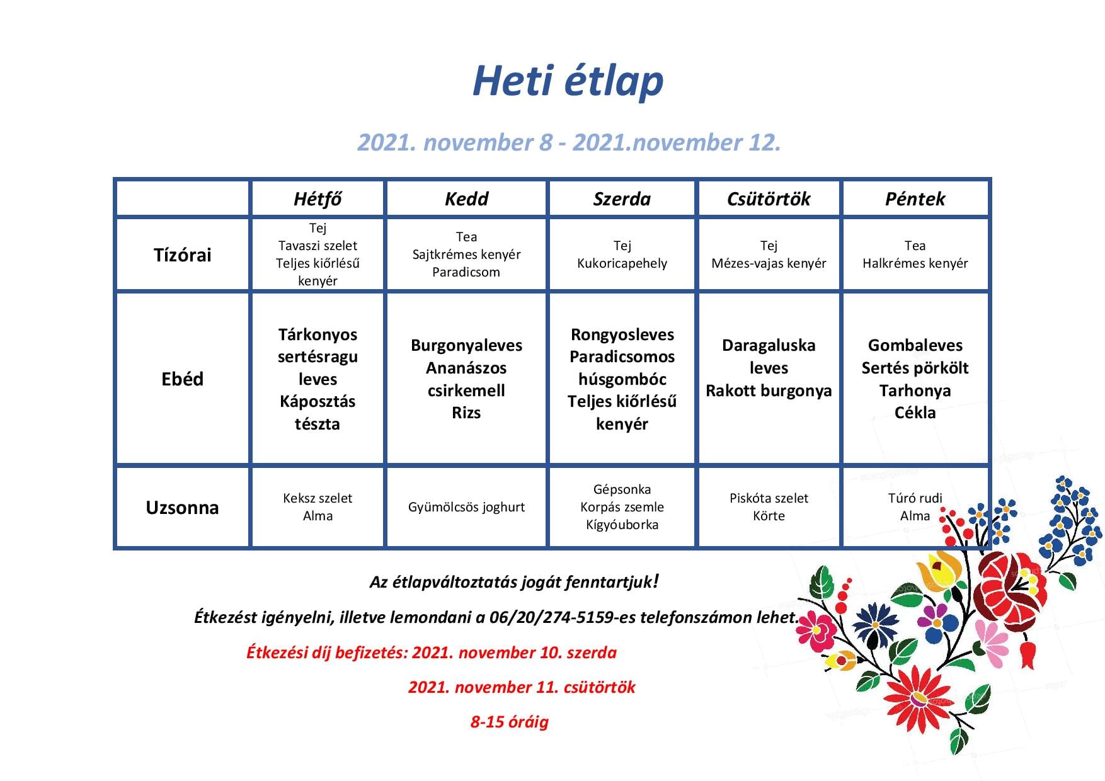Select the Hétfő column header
point(318,199)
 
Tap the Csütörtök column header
point(769,199)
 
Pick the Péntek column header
point(915,199)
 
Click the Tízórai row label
point(183,255)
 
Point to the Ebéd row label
point(183,379)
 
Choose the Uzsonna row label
point(183,508)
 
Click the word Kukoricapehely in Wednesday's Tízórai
point(622,264)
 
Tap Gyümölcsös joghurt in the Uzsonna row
point(466,508)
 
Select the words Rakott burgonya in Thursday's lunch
point(769,390)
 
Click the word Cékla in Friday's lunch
point(915,413)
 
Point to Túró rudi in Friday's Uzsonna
point(915,498)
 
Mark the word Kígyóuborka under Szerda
point(622,525)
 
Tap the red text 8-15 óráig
point(510,722)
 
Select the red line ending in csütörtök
point(522,687)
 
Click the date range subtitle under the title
point(569,143)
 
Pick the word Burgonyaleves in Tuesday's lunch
point(466,346)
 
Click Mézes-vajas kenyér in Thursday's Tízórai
point(769,264)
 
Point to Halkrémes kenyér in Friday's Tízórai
point(915,264)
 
